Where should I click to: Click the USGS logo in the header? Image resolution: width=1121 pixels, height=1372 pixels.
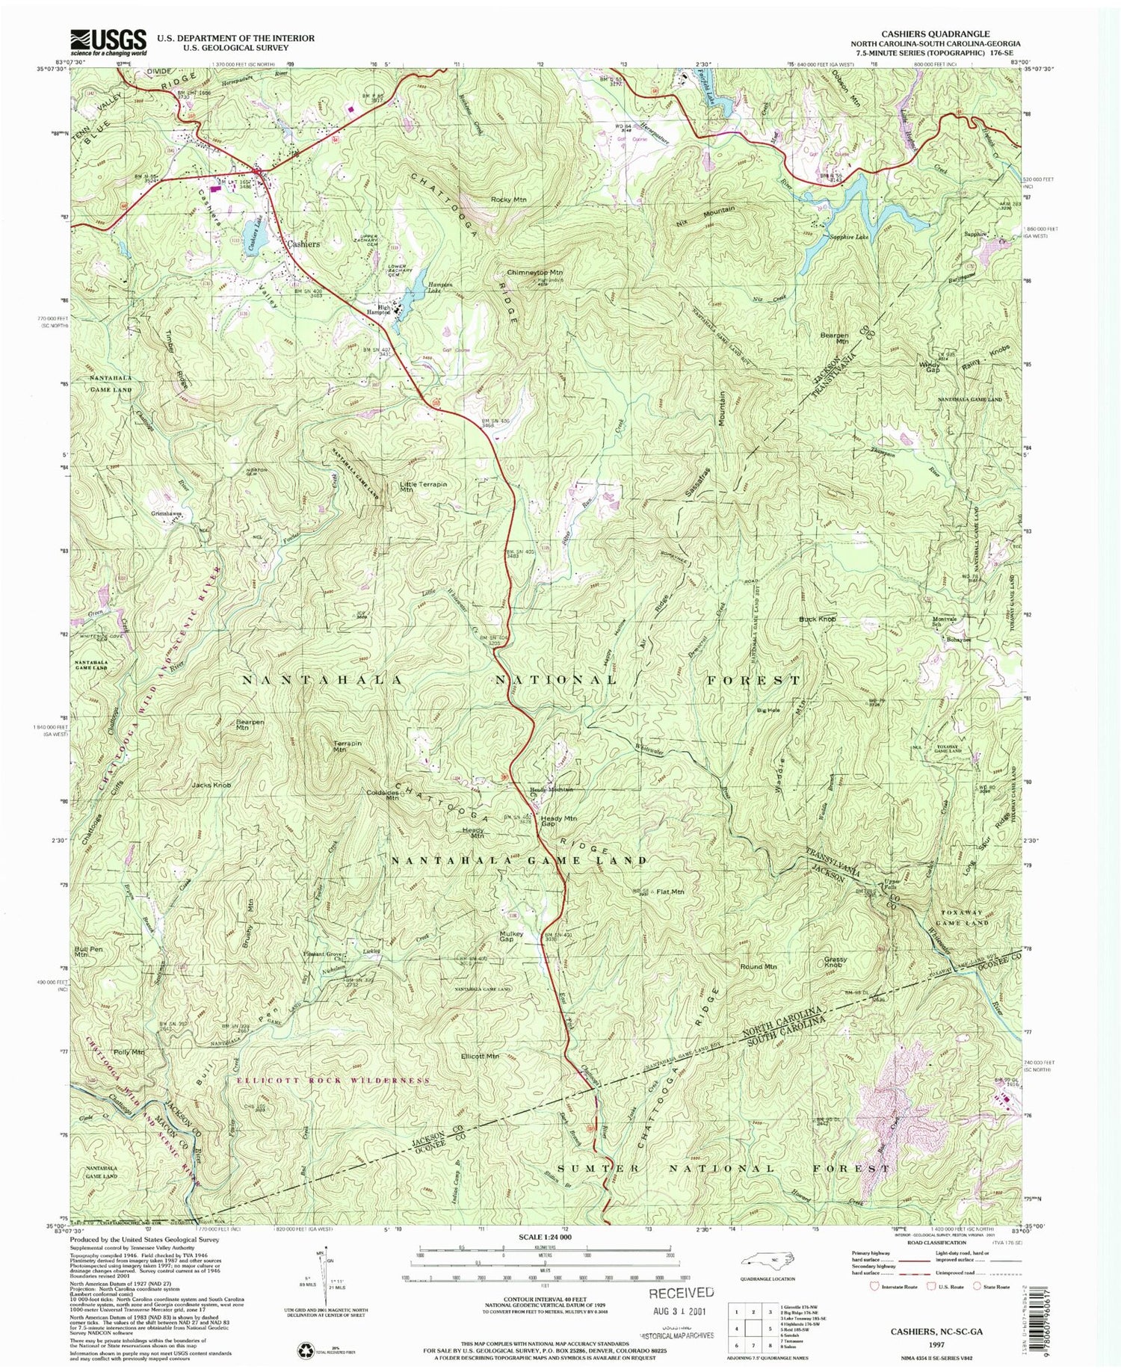click(108, 43)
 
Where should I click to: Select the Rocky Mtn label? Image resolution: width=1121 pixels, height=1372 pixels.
click(508, 200)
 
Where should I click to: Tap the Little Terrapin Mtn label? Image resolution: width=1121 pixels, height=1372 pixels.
click(423, 487)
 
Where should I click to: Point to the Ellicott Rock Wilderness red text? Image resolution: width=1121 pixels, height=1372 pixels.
click(333, 1081)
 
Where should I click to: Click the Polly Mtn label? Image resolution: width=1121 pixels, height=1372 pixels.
click(128, 1052)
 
